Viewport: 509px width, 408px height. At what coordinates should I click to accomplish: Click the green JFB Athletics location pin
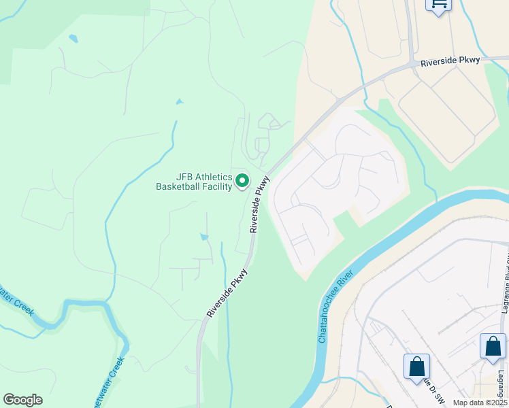(243, 182)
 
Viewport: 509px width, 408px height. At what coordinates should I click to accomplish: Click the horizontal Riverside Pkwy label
(450, 62)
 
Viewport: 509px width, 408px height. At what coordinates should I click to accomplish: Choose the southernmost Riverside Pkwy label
(227, 293)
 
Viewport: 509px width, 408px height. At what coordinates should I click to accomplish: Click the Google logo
(22, 400)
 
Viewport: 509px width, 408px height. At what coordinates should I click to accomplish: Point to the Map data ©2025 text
(479, 403)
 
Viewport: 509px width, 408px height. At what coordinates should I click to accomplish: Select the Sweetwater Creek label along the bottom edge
(111, 381)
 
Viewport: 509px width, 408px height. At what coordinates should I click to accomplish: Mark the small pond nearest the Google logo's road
(203, 237)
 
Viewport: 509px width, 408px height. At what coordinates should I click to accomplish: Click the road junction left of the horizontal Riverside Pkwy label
(413, 65)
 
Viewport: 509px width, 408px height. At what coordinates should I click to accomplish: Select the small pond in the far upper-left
(73, 38)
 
